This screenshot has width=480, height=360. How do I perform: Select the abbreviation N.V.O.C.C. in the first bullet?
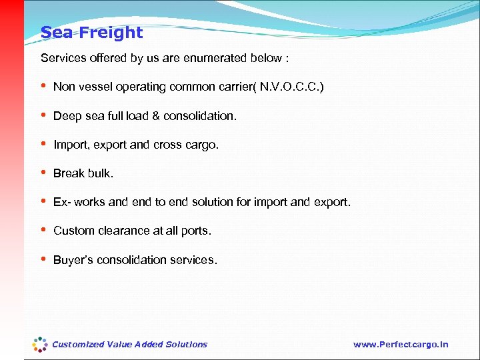pos(291,87)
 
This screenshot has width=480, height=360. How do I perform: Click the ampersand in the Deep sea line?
pos(155,116)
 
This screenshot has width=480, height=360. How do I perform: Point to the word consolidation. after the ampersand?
pos(199,116)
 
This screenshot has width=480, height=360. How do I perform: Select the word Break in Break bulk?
pos(69,173)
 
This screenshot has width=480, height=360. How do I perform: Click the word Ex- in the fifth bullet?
pos(61,202)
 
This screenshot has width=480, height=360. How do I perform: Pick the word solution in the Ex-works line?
pos(205,202)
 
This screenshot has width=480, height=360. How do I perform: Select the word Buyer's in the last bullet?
pos(73,260)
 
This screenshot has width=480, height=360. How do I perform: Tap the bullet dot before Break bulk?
pos(44,173)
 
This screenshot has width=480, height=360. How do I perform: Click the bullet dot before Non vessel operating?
pos(44,87)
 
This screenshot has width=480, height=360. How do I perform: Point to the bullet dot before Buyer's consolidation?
pos(44,259)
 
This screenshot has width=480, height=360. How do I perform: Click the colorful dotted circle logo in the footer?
pos(40,345)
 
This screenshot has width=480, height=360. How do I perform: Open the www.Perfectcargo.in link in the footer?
pos(401,345)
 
